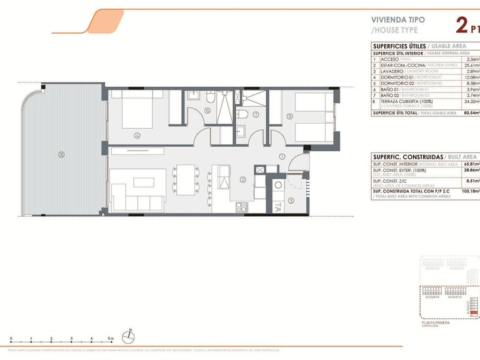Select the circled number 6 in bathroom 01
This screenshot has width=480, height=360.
[207, 111]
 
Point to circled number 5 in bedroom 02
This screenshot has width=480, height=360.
[289, 116]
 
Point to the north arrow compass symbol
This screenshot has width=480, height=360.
[128, 337]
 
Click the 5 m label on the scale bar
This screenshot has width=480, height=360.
[111, 339]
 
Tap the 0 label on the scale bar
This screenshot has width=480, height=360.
[11, 339]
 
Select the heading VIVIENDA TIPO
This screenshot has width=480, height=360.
[397, 19]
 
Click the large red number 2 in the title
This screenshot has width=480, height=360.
[462, 25]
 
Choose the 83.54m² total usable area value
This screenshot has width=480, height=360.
[471, 113]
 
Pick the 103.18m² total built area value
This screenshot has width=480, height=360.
[470, 191]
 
